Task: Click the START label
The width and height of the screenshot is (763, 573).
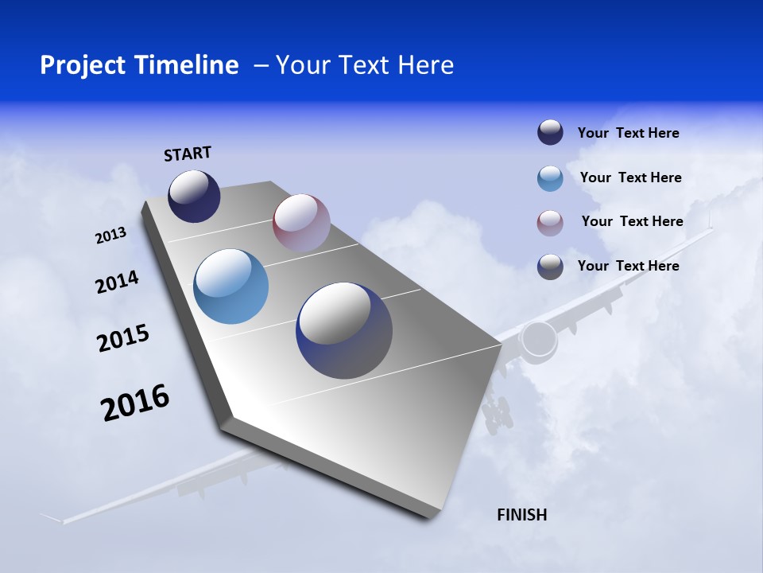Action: point(188,154)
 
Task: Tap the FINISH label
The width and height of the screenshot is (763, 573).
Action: point(521,515)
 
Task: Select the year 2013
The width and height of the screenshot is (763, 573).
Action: point(110,236)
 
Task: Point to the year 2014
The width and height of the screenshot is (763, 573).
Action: point(117,283)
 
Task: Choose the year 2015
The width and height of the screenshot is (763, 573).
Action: point(122,338)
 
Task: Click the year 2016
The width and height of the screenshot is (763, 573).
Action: point(135,403)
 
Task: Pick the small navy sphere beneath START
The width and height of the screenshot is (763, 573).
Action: point(194,197)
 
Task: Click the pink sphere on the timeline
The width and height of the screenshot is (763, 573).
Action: point(301,222)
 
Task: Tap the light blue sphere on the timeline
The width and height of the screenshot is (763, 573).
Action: point(231,286)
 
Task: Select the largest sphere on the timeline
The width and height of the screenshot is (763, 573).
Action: point(344,330)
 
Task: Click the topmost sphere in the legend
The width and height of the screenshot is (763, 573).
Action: point(550,133)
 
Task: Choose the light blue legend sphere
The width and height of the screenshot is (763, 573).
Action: point(550,178)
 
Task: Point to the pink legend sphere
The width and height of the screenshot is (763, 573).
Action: point(550,223)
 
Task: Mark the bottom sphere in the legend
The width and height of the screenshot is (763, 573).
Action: point(550,267)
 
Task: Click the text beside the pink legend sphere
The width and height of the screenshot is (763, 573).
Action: point(632,221)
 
